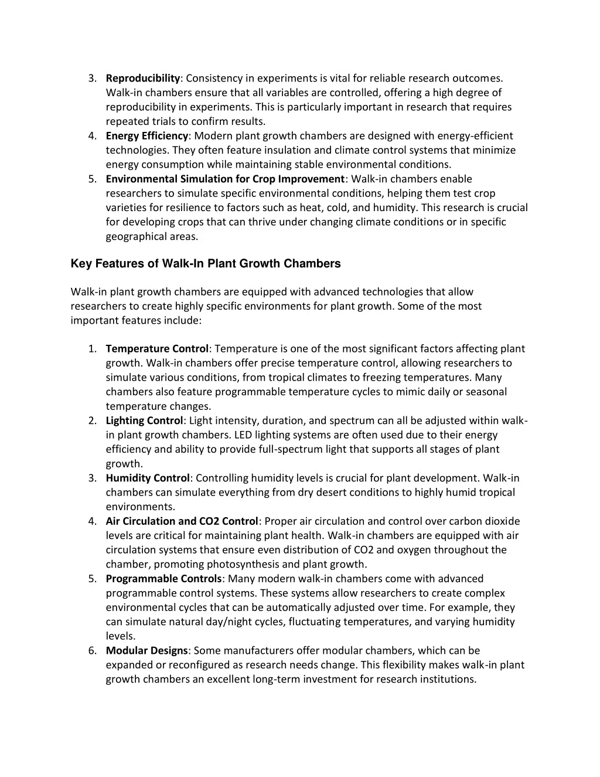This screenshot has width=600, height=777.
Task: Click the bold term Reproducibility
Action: [142, 78]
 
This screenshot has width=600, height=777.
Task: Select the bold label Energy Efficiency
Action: [147, 135]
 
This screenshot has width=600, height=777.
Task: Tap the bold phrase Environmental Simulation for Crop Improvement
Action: [226, 179]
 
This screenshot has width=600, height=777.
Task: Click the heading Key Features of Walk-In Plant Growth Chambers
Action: [205, 263]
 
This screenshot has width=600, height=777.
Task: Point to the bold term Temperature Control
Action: [157, 349]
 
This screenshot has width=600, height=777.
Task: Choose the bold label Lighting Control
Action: [144, 420]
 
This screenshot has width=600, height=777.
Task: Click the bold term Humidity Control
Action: [148, 478]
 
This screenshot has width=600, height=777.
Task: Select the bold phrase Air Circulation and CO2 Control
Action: [182, 521]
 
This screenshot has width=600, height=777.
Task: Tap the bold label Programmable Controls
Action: [164, 579]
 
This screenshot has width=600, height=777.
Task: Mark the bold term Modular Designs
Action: [146, 650]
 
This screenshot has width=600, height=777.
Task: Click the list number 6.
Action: [93, 650]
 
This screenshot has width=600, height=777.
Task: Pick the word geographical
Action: [134, 236]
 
